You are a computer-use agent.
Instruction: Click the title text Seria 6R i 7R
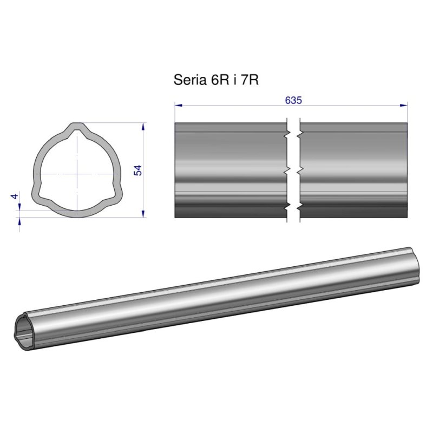point(215,80)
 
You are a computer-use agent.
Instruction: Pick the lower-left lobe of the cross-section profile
point(39,193)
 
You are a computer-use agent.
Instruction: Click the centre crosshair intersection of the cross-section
point(77,174)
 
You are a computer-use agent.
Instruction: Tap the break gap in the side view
point(292,170)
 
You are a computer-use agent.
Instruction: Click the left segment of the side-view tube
point(230,170)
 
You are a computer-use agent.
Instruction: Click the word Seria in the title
point(188,80)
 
